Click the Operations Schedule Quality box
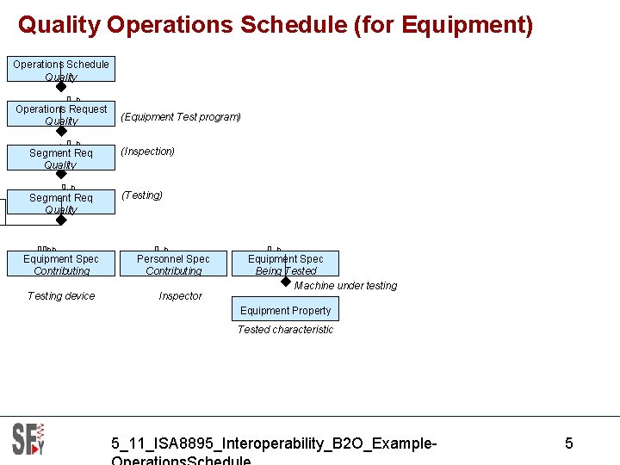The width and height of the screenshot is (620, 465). (61, 70)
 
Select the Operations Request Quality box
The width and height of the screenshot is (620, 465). (61, 115)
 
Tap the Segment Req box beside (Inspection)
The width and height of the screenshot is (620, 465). (61, 158)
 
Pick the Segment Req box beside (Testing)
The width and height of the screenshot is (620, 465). (61, 203)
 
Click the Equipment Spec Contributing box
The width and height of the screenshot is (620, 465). (61, 264)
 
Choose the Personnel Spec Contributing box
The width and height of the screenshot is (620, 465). (173, 264)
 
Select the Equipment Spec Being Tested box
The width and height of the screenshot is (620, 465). (285, 264)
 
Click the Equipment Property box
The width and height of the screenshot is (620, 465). (285, 311)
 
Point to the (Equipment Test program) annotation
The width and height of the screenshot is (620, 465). (181, 117)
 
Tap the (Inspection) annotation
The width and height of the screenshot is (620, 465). (148, 152)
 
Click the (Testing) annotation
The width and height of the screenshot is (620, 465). (142, 195)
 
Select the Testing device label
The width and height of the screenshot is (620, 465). (61, 296)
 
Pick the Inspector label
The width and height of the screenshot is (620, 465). (181, 296)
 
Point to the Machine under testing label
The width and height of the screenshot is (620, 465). (345, 286)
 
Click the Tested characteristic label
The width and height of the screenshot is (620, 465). (285, 330)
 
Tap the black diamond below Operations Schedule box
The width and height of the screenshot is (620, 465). (61, 86)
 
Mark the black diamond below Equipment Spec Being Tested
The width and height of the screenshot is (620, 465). (286, 281)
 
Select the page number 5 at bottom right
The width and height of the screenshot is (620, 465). (568, 443)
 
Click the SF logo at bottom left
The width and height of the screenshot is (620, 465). (28, 439)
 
